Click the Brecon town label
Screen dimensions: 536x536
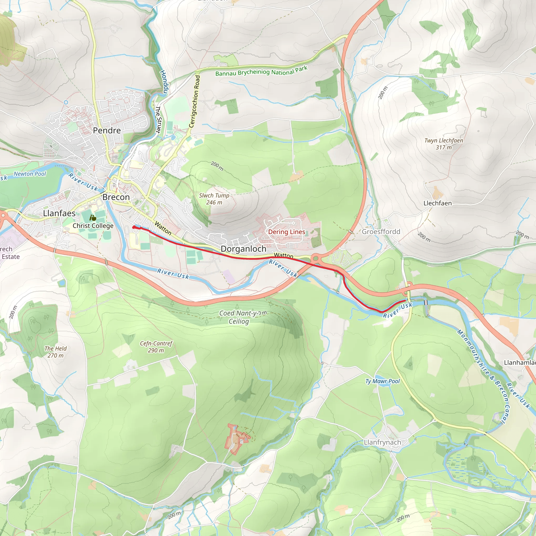coord(116,197)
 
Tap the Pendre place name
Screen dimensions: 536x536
coord(107,130)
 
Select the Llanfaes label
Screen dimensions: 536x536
coord(59,213)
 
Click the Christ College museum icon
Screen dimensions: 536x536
coord(93,218)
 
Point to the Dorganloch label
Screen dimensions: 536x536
coord(243,249)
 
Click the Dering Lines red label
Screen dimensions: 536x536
coord(286,232)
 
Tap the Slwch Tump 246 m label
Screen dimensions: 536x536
coord(214,199)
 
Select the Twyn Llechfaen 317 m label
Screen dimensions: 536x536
coord(444,144)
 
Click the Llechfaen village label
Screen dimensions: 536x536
coord(437,203)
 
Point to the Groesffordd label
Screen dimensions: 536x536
coord(381,232)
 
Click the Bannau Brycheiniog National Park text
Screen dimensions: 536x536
coord(261,71)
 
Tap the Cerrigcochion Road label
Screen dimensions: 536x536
coord(195,102)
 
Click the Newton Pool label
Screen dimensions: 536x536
coord(30,174)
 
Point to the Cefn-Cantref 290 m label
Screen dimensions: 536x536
coord(156,347)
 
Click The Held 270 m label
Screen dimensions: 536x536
coord(55,352)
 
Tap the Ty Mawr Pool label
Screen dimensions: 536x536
coord(383,381)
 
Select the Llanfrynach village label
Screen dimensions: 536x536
coord(382,442)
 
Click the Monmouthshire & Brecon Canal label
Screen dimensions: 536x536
coord(484,376)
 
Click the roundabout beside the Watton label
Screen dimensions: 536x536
coord(315,259)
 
